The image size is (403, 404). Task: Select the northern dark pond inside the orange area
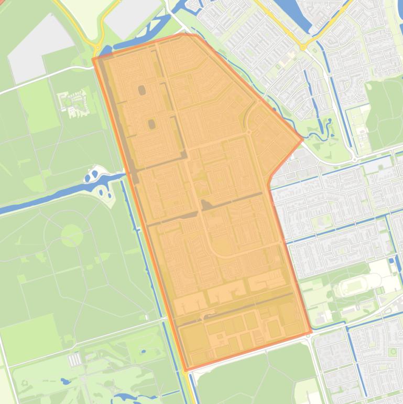[142, 90]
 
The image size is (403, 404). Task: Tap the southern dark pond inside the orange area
[151, 124]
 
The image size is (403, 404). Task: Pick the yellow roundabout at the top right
[302, 48]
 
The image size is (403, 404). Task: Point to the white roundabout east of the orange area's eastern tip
[354, 158]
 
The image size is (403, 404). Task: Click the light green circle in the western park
[72, 236]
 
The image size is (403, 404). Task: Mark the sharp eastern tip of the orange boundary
[302, 140]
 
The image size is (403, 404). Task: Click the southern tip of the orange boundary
[186, 370]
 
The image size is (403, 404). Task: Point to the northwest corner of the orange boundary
[93, 58]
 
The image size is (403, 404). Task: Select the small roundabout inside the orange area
[249, 133]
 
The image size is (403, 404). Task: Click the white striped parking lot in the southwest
[74, 359]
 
